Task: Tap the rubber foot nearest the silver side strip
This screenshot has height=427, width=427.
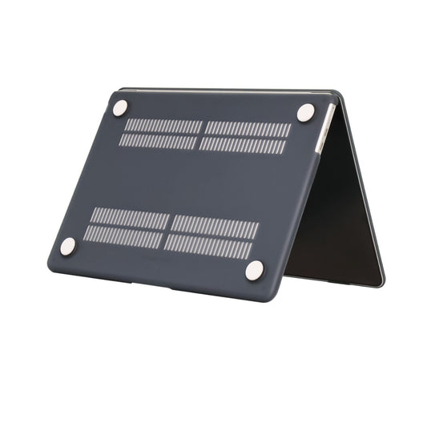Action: pos(305,113)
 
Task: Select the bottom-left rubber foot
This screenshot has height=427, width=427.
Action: pos(68,246)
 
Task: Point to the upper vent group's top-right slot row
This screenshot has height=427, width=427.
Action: pos(248,129)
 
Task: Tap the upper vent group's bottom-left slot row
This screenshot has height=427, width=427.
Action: pos(158,141)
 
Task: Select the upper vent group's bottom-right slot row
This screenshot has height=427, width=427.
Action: pos(244,145)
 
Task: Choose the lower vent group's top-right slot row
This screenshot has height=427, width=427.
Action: pos(215,227)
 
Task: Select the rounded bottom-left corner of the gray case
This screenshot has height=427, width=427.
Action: pos(53,264)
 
